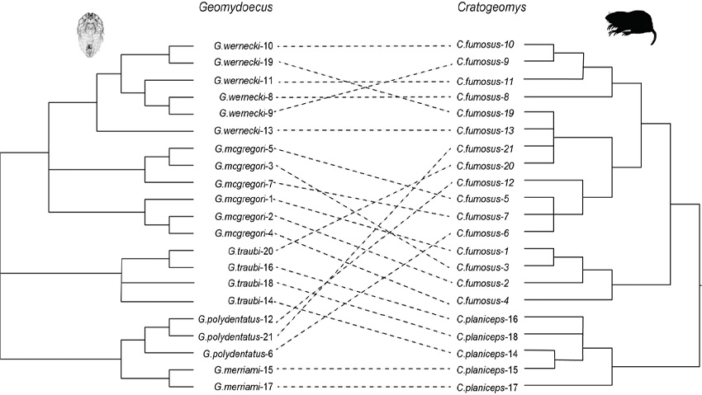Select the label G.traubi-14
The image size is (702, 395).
251,302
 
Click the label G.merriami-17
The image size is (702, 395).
243,387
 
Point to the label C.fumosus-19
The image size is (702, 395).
486,112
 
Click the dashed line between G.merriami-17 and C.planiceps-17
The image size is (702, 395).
363,387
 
